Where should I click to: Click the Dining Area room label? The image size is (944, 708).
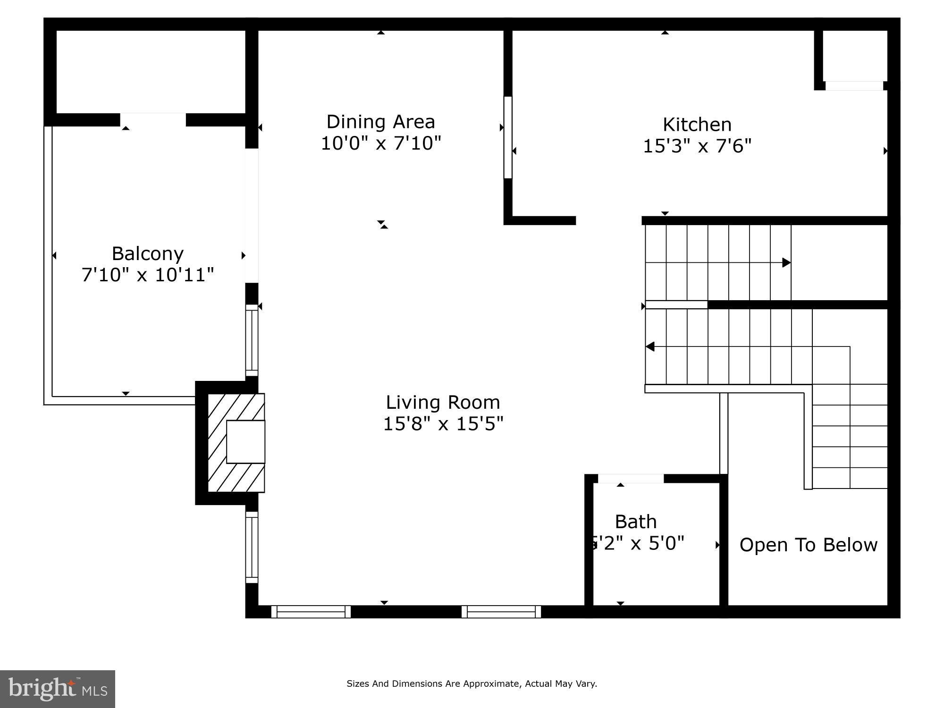[380, 122]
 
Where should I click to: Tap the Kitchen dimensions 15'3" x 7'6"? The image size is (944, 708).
[697, 146]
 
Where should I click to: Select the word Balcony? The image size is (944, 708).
[147, 254]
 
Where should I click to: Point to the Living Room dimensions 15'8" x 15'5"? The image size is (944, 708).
[443, 424]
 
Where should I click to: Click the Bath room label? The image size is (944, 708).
[635, 522]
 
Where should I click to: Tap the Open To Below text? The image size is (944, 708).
[808, 545]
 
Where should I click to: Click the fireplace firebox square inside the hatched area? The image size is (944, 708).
[245, 442]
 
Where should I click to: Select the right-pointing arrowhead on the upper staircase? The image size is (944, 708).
[786, 262]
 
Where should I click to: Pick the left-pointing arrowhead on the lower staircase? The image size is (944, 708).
[650, 346]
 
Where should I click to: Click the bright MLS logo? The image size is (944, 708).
[58, 689]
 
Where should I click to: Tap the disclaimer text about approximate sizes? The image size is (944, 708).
[472, 683]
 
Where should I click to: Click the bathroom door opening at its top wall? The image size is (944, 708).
[630, 478]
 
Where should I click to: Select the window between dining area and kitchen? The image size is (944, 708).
[508, 137]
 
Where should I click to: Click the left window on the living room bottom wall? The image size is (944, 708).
[311, 612]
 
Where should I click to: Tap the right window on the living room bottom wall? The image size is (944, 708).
[501, 612]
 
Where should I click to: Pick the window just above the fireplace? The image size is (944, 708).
[252, 340]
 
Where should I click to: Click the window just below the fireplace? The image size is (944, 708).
[252, 548]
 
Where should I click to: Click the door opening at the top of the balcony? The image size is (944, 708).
[152, 119]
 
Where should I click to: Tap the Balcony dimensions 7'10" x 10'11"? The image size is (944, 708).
[147, 275]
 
